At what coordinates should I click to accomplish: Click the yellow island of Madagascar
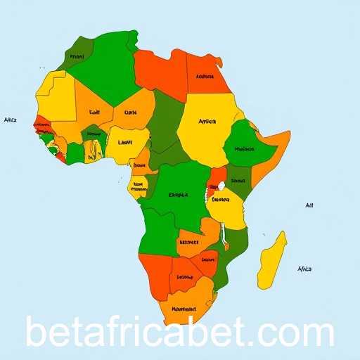point(272,260)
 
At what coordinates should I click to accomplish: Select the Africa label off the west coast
point(10,120)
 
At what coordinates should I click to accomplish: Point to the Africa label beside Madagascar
point(304,269)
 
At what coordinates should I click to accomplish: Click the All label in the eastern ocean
point(309,206)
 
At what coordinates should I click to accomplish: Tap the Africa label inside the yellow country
point(207,122)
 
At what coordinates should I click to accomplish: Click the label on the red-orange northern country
point(205,77)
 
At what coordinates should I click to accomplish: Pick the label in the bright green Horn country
point(244,149)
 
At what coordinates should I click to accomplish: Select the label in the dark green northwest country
point(77,56)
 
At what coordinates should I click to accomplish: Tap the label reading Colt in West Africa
point(95,112)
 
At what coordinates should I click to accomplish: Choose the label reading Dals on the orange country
point(130,112)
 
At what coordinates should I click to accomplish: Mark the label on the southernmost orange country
point(184,308)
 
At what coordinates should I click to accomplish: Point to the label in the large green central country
point(179,195)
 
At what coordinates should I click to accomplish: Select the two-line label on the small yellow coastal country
point(139,187)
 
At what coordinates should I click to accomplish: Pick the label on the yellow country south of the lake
point(221,199)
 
